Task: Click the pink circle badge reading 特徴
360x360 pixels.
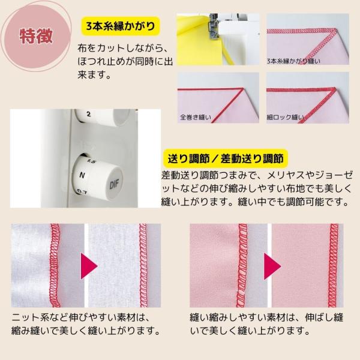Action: [36, 37]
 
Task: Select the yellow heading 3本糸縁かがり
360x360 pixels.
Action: [121, 26]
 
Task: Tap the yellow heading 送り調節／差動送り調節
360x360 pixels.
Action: [226, 158]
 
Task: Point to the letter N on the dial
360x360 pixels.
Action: [82, 175]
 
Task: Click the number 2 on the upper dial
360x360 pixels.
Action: [89, 114]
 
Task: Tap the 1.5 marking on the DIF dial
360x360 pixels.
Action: [91, 161]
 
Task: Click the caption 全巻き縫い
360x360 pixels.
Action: [196, 117]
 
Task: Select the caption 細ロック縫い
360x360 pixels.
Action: [285, 117]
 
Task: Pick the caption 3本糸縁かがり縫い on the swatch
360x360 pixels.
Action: [293, 61]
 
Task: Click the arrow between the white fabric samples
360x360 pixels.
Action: [89, 266]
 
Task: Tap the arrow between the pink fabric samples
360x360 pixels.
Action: [272, 266]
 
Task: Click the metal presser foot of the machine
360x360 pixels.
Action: [213, 26]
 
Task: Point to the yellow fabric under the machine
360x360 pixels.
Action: [199, 41]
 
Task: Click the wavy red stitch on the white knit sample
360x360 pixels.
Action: [55, 265]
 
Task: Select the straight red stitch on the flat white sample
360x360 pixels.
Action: [143, 265]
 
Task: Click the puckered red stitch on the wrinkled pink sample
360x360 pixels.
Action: [242, 265]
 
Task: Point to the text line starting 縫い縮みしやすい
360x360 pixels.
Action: [266, 318]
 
